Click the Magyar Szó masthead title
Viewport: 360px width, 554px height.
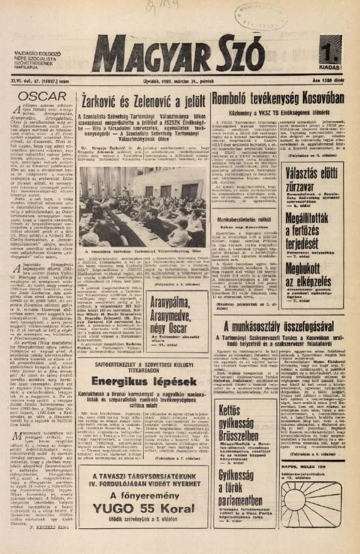pyautogui.click(x=179, y=51)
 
